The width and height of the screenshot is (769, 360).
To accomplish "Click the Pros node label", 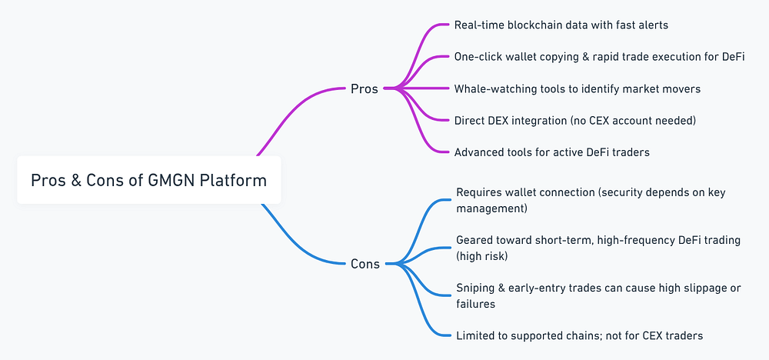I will pyautogui.click(x=364, y=88).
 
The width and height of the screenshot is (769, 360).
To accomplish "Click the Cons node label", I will pyautogui.click(x=365, y=264).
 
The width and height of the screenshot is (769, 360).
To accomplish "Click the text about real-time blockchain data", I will pyautogui.click(x=561, y=25).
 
